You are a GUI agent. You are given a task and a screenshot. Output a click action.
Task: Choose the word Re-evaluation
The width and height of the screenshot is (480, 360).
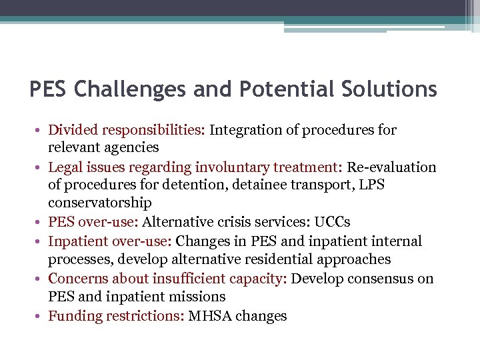click(x=389, y=167)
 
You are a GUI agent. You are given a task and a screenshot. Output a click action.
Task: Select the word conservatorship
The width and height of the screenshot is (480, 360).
click(x=100, y=203)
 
